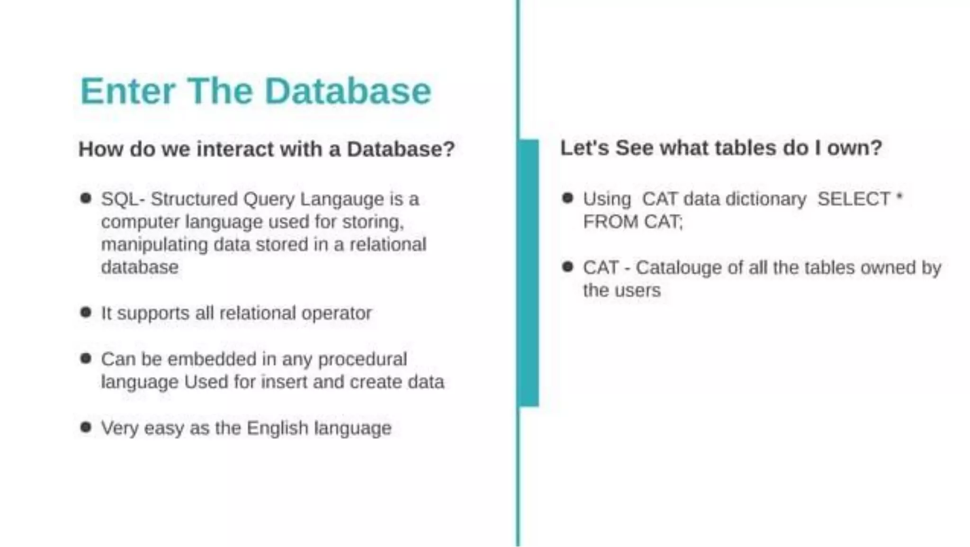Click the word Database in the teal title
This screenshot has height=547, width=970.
pyautogui.click(x=348, y=91)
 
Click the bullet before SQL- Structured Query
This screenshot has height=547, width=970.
pyautogui.click(x=86, y=198)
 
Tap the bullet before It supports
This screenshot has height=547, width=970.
pyautogui.click(x=86, y=312)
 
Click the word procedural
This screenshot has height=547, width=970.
pyautogui.click(x=362, y=359)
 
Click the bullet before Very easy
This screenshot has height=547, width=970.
pyautogui.click(x=86, y=427)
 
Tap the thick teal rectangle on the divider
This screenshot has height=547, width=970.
pyautogui.click(x=529, y=273)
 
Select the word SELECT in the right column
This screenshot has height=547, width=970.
pyautogui.click(x=854, y=199)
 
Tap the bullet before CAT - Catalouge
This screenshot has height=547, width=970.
pyautogui.click(x=567, y=267)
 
